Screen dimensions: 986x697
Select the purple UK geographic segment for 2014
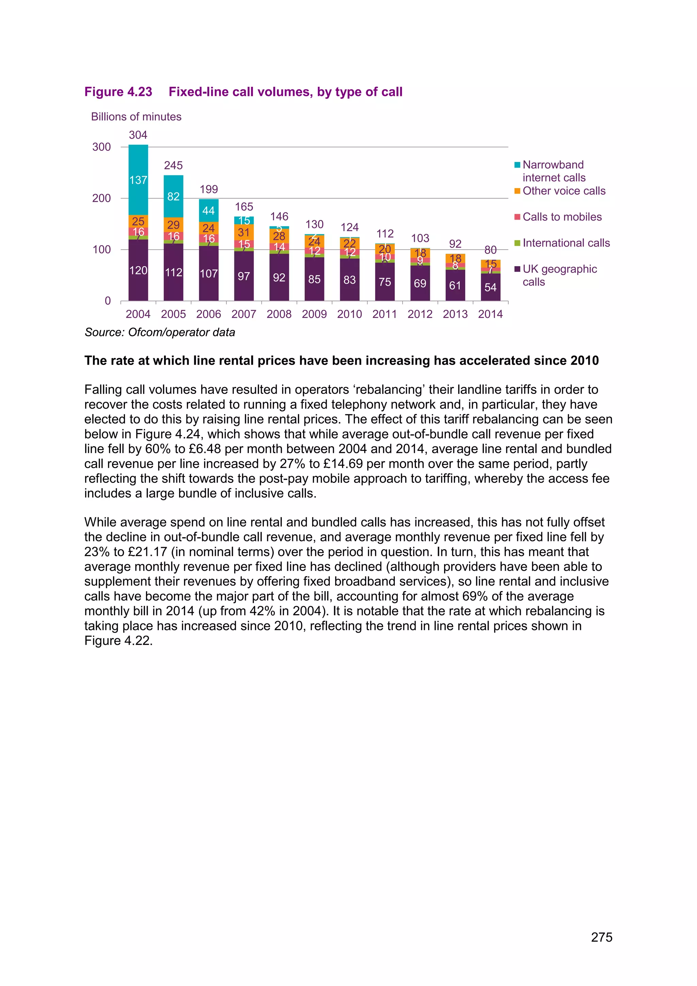coord(490,287)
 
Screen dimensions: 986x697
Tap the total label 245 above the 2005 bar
coord(173,165)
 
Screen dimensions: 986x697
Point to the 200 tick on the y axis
coord(102,198)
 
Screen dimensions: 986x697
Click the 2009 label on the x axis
coord(314,314)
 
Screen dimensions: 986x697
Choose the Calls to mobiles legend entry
coord(562,217)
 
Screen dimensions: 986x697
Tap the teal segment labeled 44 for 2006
coord(209,210)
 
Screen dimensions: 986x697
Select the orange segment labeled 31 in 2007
coord(244,232)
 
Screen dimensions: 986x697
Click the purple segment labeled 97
coord(244,276)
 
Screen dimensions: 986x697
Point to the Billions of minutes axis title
coord(136,117)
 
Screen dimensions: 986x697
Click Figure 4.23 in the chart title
coord(118,92)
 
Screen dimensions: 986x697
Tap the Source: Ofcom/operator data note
coord(160,332)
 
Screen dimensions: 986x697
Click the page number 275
coord(601,937)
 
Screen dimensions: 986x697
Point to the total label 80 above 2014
coord(490,250)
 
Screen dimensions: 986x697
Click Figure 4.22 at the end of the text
coord(118,641)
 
